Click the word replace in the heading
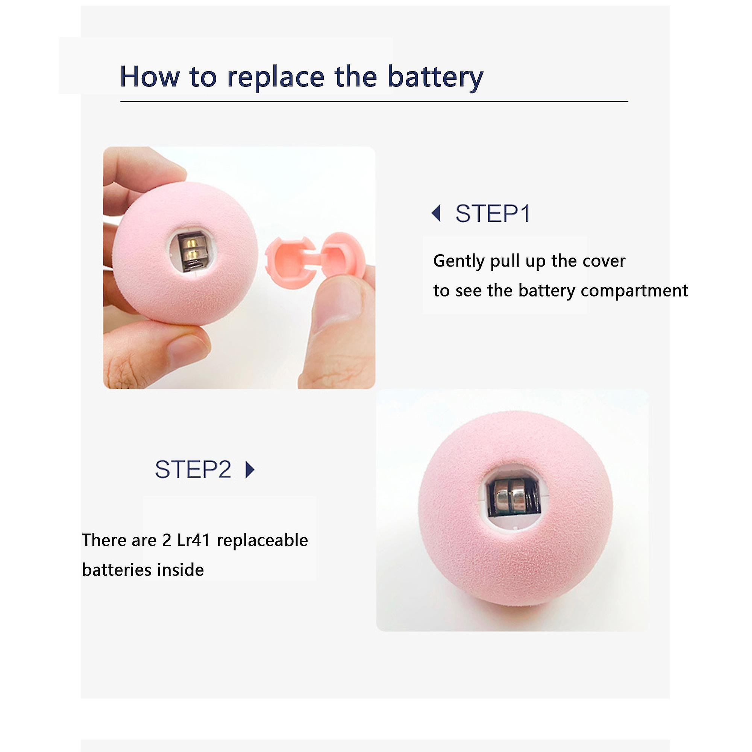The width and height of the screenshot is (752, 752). coord(275,77)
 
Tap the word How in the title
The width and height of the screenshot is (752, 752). coord(150,76)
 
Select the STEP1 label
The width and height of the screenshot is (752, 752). coord(493,214)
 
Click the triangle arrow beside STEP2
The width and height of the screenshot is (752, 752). coord(250,469)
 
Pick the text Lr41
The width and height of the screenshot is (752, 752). coord(193,540)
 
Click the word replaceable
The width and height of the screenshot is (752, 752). coord(262,540)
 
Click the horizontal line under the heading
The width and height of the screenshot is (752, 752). coord(374,101)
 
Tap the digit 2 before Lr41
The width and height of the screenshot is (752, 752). coord(167,540)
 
